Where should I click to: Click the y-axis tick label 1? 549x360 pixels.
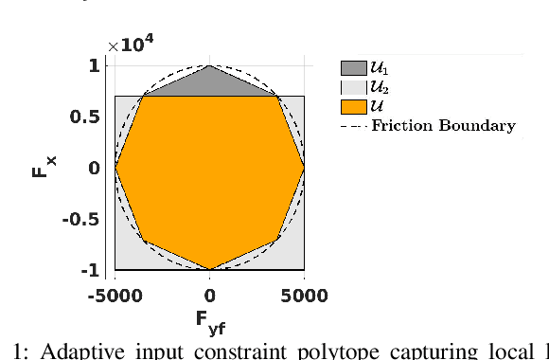pos(94,65)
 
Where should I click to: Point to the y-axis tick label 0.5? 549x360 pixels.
pos(86,117)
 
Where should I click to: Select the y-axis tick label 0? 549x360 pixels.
pos(94,168)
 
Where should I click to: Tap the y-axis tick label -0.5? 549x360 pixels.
pos(83,219)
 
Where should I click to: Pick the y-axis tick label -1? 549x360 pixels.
pos(90,270)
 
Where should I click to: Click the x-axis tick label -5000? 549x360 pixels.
pos(115,296)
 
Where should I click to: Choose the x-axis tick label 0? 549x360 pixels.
pos(209,296)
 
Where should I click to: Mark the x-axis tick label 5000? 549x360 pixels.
pos(304,296)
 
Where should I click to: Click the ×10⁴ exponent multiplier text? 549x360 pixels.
pos(131,45)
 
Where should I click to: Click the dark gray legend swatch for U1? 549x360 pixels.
pos(353,67)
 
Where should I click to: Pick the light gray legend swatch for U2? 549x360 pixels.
pos(353,86)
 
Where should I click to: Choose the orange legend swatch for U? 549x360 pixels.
pos(353,105)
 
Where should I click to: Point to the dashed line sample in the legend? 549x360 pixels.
pos(353,125)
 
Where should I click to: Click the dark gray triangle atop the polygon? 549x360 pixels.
pos(209,83)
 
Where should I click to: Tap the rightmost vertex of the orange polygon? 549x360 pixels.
pos(304,168)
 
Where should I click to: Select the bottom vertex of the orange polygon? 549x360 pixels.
pos(209,270)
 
